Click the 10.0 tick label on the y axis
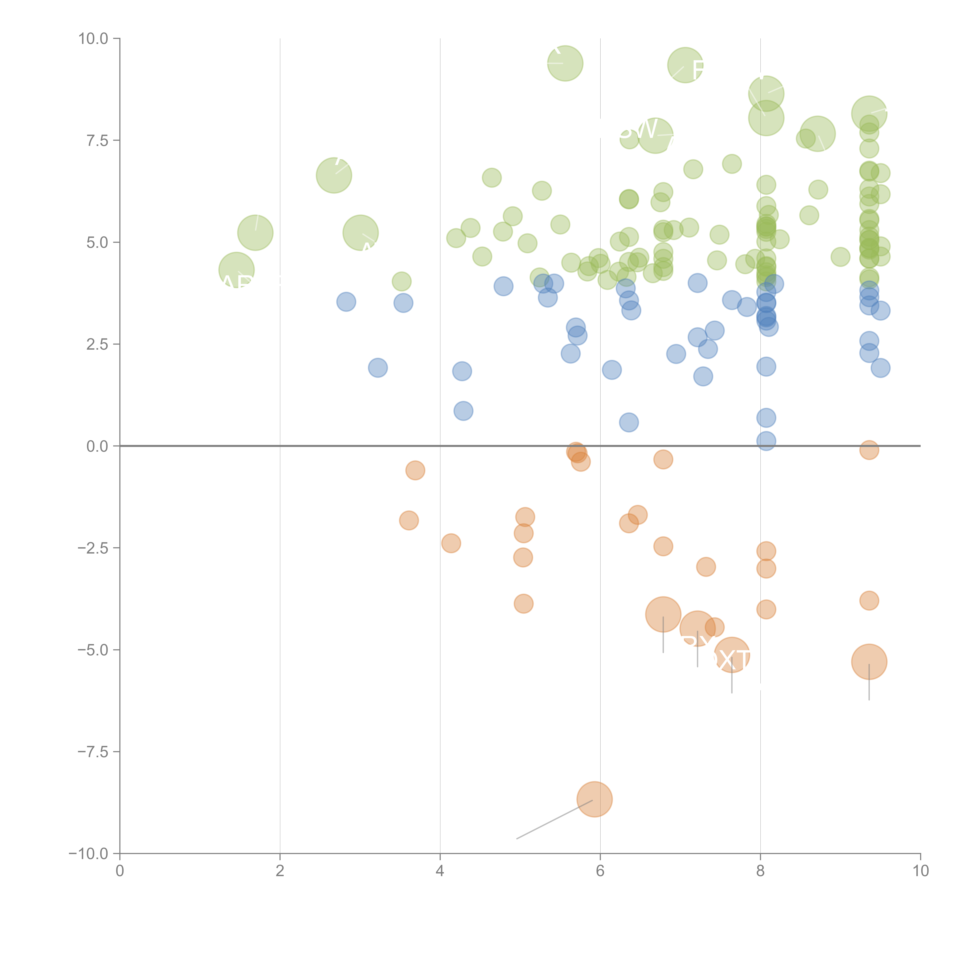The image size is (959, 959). (93, 39)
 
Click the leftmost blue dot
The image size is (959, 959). (346, 302)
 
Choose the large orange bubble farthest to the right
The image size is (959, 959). (869, 662)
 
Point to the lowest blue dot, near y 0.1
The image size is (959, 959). (766, 441)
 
